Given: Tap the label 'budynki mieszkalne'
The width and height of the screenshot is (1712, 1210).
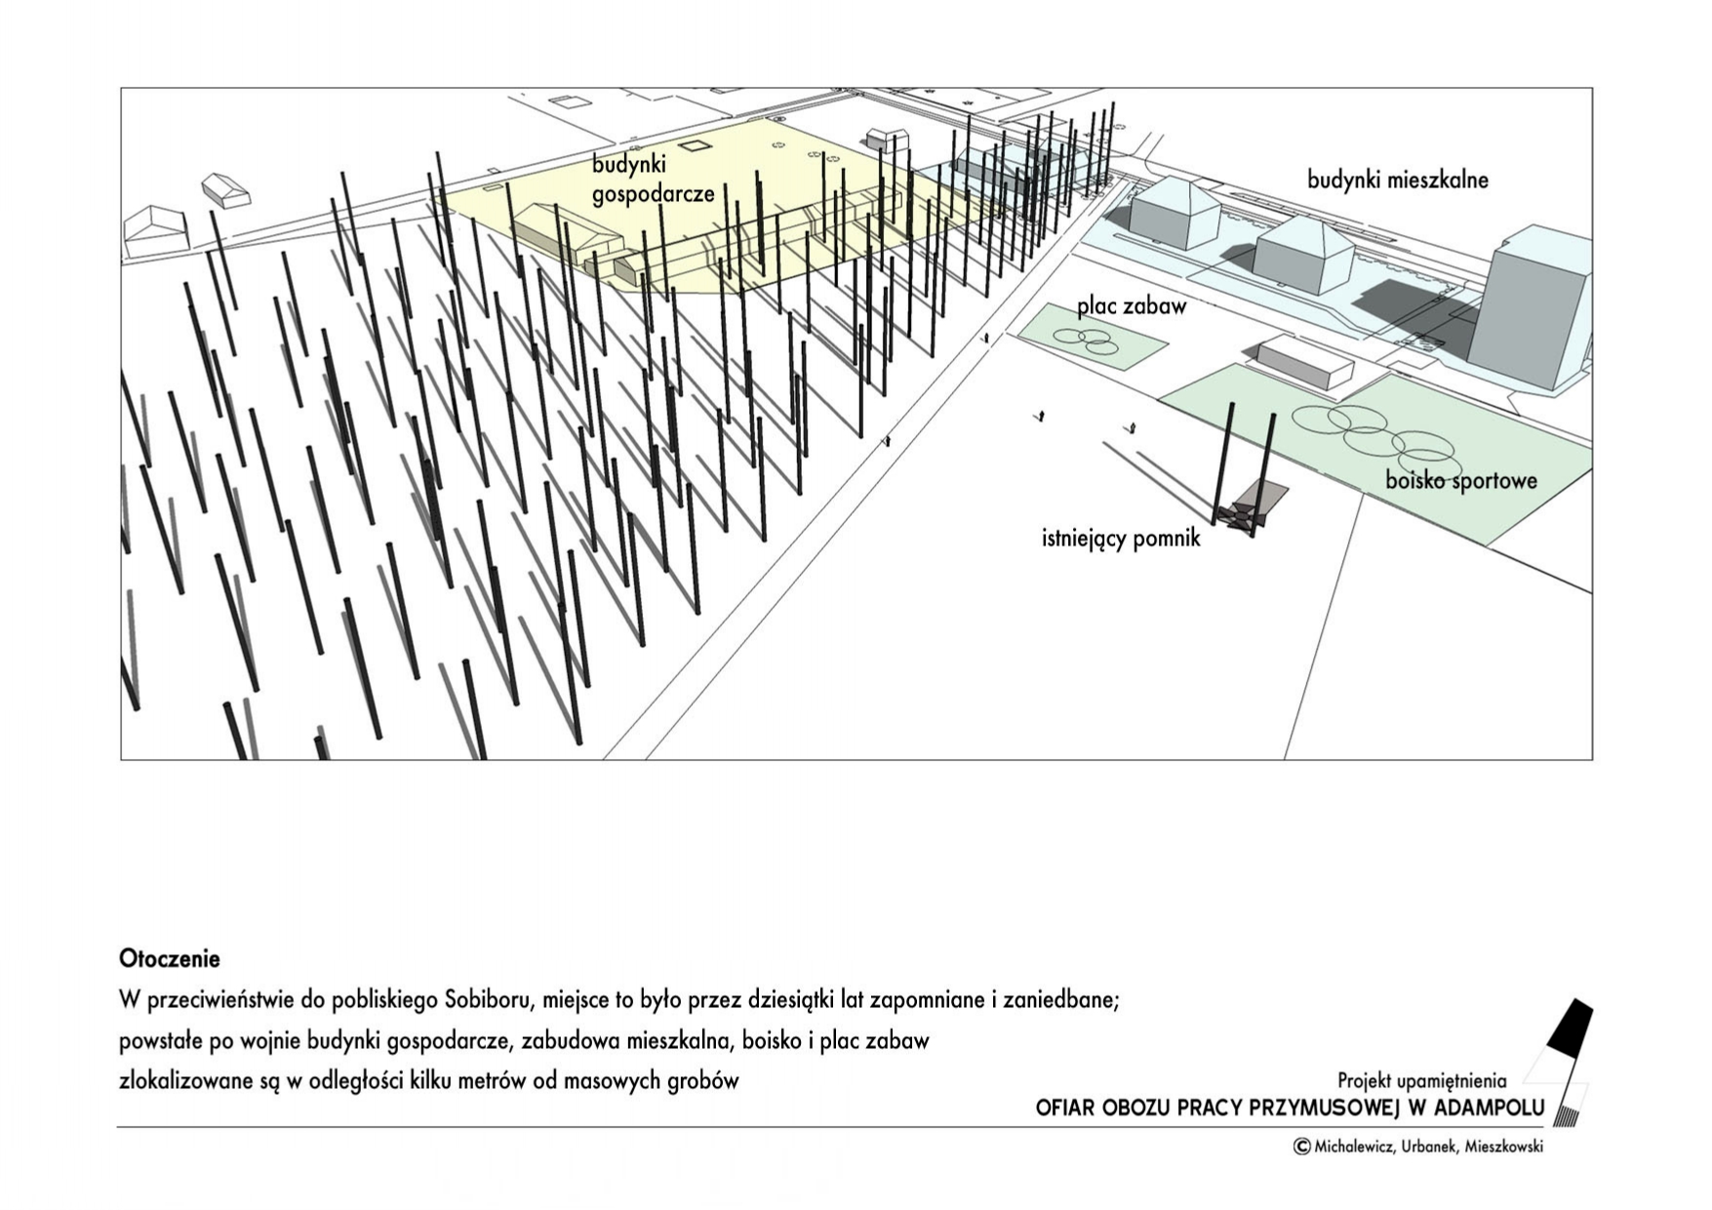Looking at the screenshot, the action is (1398, 180).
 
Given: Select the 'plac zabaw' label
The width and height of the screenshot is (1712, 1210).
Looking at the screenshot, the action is (1132, 306).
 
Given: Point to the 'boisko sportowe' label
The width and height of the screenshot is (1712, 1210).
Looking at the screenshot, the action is (1461, 480).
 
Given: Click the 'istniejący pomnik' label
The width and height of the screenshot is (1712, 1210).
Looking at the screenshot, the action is (1121, 538).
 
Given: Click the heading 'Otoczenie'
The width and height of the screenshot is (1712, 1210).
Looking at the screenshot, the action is (170, 959).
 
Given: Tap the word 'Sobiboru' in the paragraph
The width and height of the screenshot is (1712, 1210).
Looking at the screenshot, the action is (487, 1000).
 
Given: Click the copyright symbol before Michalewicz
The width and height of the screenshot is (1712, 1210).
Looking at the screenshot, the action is (1301, 1147).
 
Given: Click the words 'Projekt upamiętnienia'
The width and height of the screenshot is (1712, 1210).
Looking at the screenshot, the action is (1422, 1080).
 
